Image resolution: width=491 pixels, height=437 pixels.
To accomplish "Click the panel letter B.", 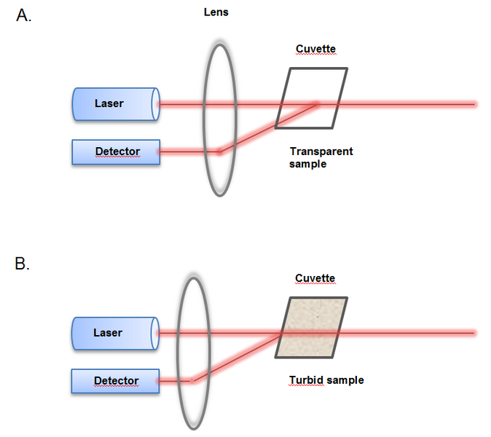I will pyautogui.click(x=22, y=264).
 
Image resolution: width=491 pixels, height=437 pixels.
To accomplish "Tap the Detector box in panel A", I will pyautogui.click(x=116, y=151).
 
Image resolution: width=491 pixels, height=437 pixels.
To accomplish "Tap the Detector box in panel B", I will pyautogui.click(x=115, y=380).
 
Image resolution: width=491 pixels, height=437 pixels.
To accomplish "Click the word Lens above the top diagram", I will pyautogui.click(x=216, y=12).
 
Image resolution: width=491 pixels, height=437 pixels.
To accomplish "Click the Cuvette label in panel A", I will pyautogui.click(x=315, y=50).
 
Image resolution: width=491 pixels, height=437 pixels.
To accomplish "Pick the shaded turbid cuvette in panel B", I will pyautogui.click(x=311, y=328).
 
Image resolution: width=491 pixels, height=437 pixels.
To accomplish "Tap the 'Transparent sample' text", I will pyautogui.click(x=321, y=157).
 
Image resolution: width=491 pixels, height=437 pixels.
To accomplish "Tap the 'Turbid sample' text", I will pyautogui.click(x=326, y=380).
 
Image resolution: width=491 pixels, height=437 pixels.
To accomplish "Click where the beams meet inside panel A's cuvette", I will pyautogui.click(x=316, y=104).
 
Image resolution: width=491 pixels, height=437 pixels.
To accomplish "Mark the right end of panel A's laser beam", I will pyautogui.click(x=475, y=104).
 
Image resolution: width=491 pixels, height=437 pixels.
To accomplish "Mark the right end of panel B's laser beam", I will pyautogui.click(x=475, y=333).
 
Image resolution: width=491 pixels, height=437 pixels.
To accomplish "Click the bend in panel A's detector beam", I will pyautogui.click(x=219, y=151).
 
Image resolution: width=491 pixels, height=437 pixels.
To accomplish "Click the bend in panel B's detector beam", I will pyautogui.click(x=192, y=379).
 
